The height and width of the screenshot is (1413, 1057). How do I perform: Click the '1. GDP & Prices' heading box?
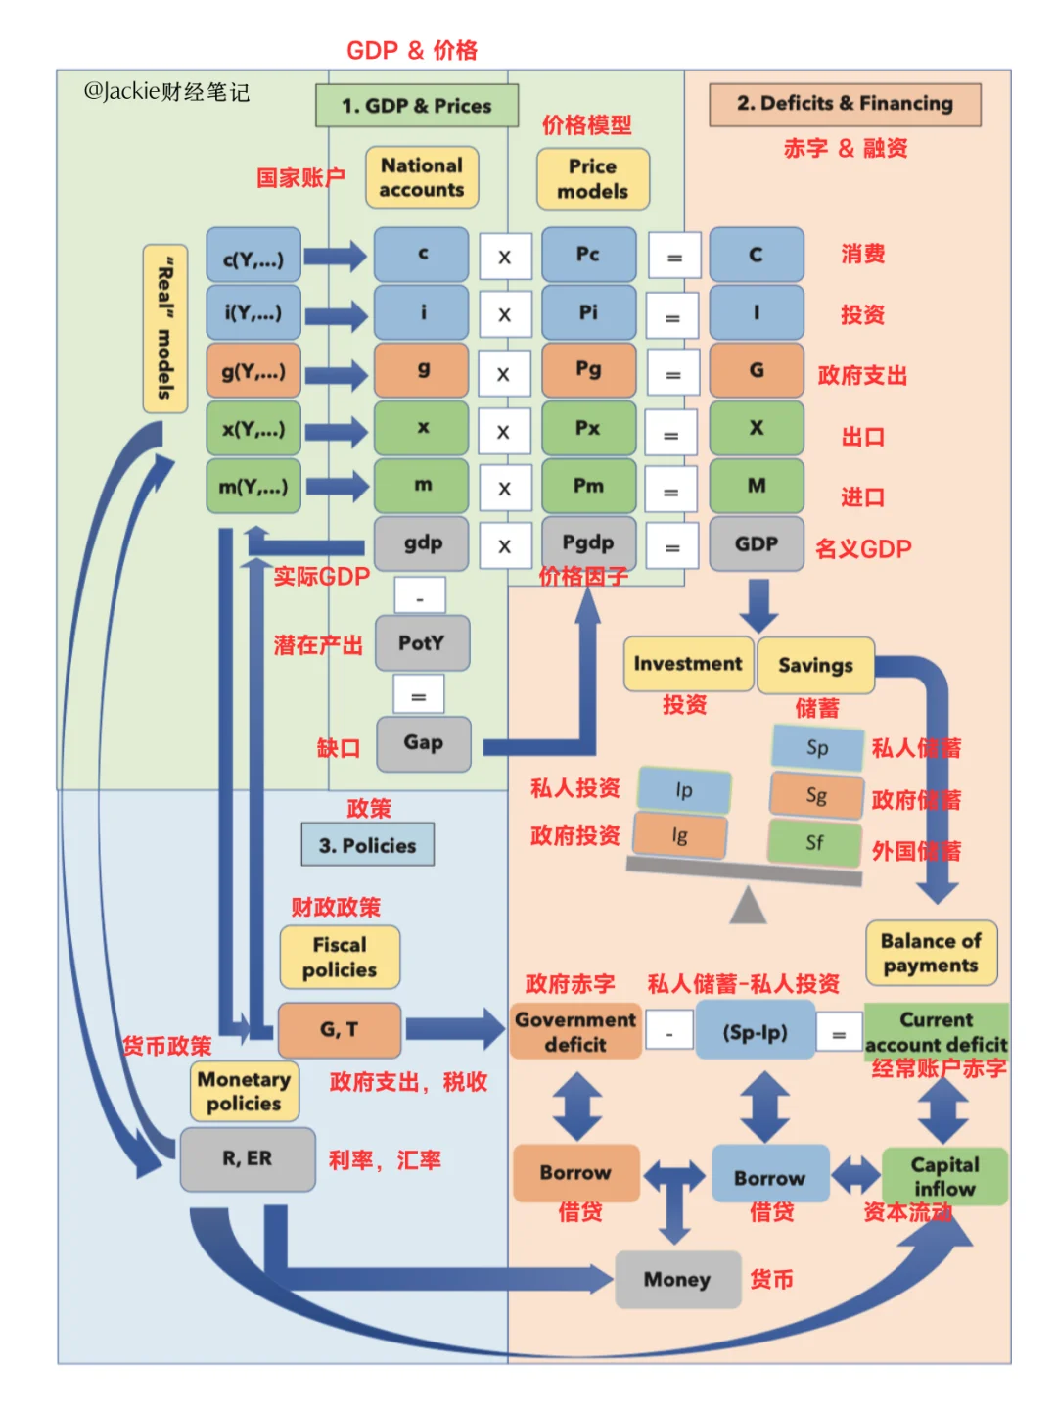417,106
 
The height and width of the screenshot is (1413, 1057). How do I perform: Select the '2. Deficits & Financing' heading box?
845,104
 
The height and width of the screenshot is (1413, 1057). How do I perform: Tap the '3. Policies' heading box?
368,845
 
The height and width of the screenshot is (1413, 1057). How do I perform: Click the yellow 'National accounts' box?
422,177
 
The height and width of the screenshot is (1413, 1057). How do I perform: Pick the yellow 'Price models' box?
592,179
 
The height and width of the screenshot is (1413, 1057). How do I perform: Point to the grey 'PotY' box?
422,643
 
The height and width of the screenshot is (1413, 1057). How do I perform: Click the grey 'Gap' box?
423,743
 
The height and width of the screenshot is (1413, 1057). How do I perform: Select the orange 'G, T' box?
340,1029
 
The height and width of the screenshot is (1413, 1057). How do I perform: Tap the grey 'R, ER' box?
248,1158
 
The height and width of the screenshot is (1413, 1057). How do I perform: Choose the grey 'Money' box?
677,1279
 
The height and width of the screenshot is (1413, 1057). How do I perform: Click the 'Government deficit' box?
575,1031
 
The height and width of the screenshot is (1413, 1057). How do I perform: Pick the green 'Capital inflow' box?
944,1176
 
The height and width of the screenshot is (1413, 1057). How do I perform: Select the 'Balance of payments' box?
931,953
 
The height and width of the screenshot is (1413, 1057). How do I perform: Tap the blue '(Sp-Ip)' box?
755,1032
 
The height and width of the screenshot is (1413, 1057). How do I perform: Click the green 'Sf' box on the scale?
814,842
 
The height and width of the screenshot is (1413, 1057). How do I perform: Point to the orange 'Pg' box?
588,369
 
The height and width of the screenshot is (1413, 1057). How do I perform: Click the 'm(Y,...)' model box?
253,487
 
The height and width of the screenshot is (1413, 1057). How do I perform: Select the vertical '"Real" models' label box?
165,328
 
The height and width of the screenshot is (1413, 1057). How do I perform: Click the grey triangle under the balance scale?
748,906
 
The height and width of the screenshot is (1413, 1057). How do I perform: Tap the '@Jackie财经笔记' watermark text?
166,92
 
